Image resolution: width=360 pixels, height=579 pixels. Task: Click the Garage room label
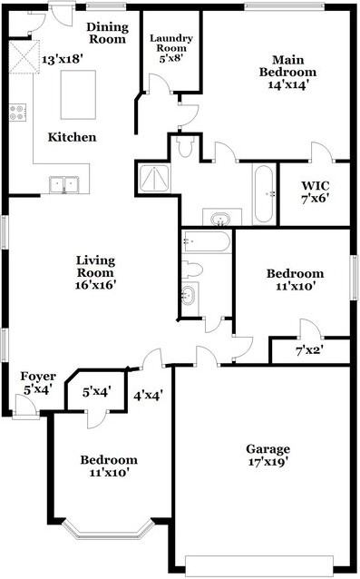[268, 449]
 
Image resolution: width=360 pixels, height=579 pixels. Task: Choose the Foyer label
[39, 376]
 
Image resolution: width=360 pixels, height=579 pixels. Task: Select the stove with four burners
[17, 113]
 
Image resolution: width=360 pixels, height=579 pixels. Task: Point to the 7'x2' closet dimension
[309, 349]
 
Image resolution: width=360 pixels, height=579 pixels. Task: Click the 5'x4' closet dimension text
[97, 393]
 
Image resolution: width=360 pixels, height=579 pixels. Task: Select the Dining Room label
[106, 34]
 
